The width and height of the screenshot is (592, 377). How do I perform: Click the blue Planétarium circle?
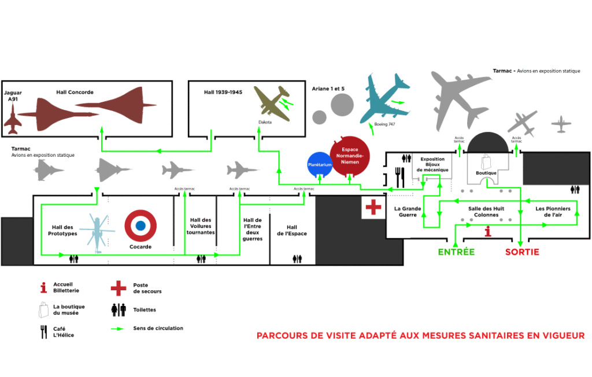tap(320, 165)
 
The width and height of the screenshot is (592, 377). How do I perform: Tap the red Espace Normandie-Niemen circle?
tap(350, 156)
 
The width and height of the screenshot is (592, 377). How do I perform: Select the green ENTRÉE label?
tap(456, 252)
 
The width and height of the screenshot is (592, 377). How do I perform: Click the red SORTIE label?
tap(522, 252)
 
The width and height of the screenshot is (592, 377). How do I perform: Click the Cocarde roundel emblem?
tap(140, 226)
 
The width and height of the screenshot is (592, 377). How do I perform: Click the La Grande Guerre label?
tap(408, 212)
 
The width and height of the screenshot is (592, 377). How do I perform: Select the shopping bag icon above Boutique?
tap(486, 161)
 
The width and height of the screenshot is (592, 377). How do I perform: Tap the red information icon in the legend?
tap(43, 287)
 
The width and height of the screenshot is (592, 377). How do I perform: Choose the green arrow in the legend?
tap(117, 328)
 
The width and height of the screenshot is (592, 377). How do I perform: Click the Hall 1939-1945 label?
tap(223, 92)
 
